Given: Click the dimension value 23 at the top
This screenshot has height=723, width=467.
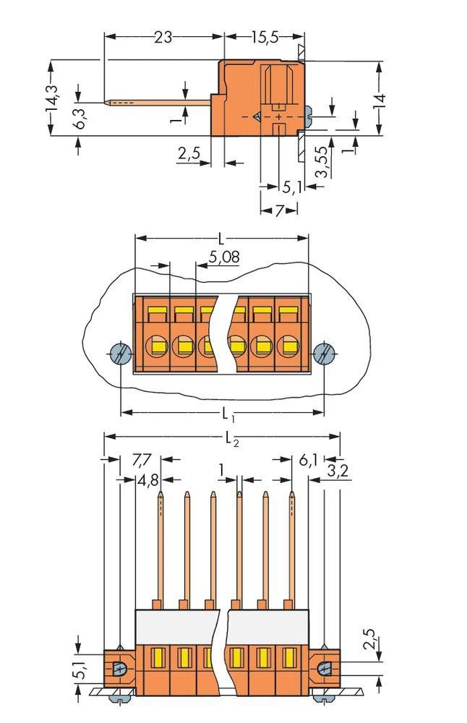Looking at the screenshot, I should pos(163,36).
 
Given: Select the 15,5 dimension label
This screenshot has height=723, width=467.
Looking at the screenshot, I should pos(265,36).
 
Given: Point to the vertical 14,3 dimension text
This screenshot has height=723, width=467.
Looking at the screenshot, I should pos(51,98).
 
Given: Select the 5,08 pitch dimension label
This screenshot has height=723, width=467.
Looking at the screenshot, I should pos(224,257).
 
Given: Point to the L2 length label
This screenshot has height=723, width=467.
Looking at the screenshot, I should pos(231,437).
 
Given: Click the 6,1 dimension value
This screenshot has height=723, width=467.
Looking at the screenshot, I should pos(307,460).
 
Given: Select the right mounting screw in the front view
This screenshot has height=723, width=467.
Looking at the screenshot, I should pos(325,354).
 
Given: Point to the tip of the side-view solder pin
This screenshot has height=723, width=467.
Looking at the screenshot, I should pos(108,102).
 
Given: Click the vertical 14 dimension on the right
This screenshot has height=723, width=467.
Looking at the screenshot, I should pos(380,99).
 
